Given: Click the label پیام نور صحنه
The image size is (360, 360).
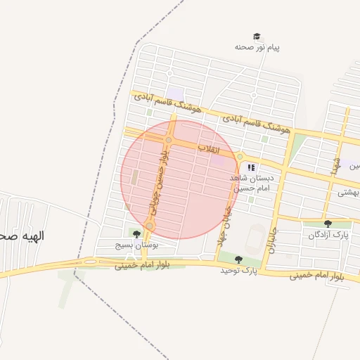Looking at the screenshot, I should (x=257, y=47).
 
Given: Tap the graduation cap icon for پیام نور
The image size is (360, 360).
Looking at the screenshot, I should (x=257, y=36).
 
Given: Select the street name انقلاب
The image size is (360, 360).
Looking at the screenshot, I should (x=209, y=149).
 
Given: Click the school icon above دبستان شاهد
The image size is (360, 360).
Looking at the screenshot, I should (x=250, y=168).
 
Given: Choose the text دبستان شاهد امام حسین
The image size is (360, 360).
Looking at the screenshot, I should (x=255, y=184).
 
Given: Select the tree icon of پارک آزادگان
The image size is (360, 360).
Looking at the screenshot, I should (x=328, y=224).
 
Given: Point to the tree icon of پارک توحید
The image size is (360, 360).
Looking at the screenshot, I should (x=239, y=259).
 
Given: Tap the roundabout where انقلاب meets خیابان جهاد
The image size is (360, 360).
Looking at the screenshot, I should (x=240, y=157).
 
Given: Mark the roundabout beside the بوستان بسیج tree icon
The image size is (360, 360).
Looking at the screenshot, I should (x=150, y=226).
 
